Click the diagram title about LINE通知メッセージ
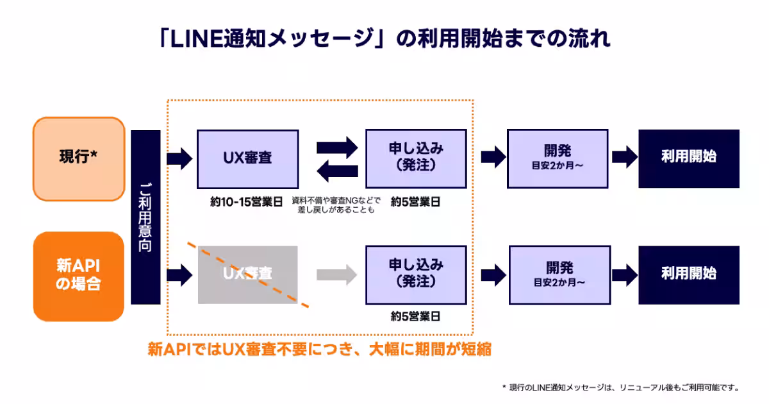pos(384,39)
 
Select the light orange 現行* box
pos(78,158)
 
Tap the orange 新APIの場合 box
pos(78,276)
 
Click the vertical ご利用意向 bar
pos(145,217)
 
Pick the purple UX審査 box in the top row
pos(247,158)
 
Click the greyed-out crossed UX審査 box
pos(247,274)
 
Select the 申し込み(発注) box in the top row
pos(416,158)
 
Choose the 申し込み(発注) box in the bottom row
pos(416,274)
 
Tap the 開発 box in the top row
pos(558,158)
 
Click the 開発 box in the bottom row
pos(558,274)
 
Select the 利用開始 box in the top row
pos(689,158)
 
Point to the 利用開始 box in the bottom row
pos(689,274)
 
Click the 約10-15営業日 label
pos(247,202)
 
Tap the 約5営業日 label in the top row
pos(416,202)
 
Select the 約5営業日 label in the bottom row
pos(416,316)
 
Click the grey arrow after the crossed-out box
pos(336,274)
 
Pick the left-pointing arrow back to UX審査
pos(337,170)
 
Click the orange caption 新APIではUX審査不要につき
pos(320,350)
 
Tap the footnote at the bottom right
pos(621,387)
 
